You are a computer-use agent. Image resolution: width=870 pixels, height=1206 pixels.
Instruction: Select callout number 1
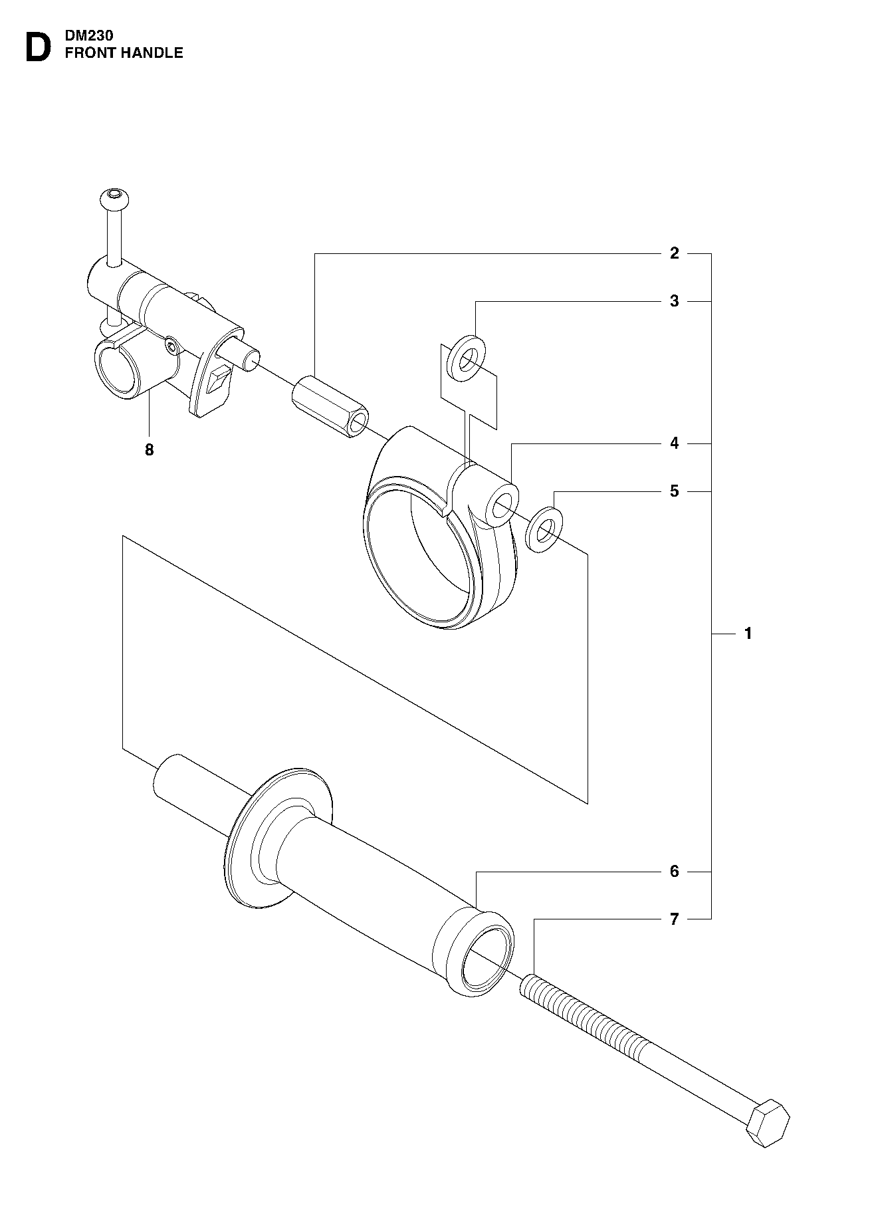(x=748, y=634)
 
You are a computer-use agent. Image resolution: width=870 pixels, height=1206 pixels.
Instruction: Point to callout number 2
(x=675, y=253)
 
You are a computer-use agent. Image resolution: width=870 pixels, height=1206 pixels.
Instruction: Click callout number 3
(x=675, y=301)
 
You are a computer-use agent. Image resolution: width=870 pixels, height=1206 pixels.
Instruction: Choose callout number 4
(x=675, y=443)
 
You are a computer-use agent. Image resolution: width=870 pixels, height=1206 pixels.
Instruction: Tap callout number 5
(x=675, y=491)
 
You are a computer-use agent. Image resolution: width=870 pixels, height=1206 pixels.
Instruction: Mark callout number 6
(x=675, y=871)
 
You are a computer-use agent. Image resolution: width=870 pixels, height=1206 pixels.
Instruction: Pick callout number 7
(x=675, y=919)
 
